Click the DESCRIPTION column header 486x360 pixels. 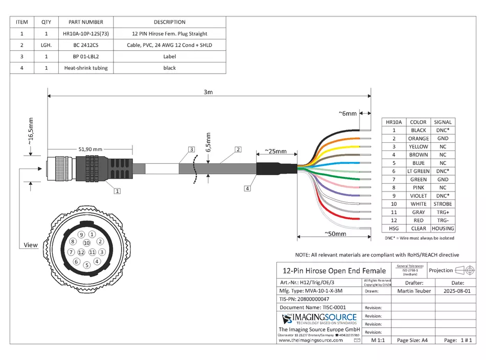coord(169,22)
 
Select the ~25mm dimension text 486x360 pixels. coord(275,152)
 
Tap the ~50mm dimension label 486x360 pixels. coord(335,234)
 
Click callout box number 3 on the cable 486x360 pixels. coord(191,150)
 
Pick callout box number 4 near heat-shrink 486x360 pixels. coord(248,188)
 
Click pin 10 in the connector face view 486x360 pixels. coord(87,243)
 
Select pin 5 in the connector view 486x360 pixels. coord(87,265)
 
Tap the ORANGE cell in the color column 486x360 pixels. coord(418,138)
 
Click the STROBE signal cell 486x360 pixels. coord(443,204)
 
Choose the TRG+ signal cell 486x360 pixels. coord(443,212)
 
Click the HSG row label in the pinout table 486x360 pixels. coord(394,228)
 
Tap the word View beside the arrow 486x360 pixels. coord(31,245)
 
